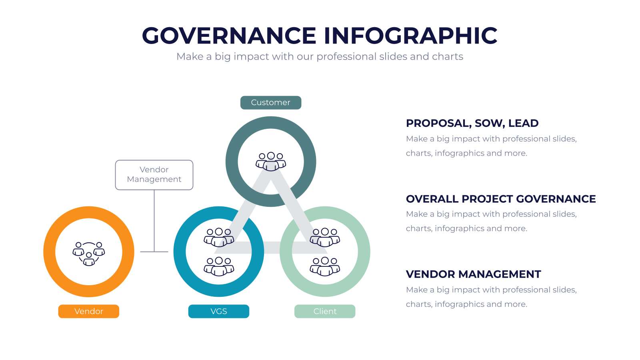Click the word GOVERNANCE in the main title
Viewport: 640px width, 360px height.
coord(229,36)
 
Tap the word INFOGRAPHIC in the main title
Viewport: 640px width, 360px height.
coord(410,36)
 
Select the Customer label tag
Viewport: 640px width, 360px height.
coord(270,102)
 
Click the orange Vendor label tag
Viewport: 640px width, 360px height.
coord(88,311)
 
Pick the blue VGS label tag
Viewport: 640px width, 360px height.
coord(218,311)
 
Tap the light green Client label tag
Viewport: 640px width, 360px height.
coord(325,311)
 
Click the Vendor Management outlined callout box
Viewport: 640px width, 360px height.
coord(154,175)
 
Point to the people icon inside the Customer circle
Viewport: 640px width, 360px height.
coord(270,162)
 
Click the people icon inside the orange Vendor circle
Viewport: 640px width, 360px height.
coord(88,254)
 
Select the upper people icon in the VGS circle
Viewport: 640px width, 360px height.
coord(219,238)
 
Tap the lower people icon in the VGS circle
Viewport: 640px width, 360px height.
coord(219,266)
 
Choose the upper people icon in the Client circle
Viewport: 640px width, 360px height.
coord(325,238)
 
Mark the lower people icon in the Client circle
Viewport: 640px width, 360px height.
coord(325,266)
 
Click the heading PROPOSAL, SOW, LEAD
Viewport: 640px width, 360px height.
coord(472,124)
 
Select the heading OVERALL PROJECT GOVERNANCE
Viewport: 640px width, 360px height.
coord(501,199)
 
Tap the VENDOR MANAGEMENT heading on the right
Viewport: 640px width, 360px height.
coord(474,274)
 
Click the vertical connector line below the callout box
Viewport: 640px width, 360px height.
coord(154,221)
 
